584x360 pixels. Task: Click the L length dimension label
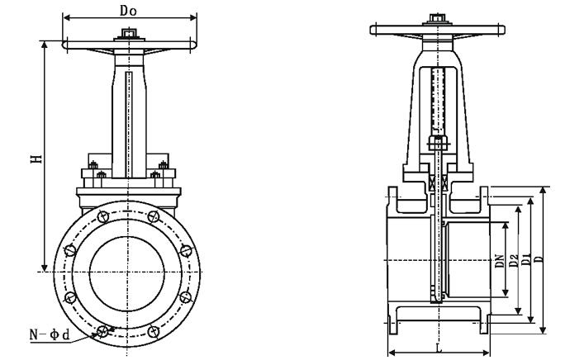pyautogui.click(x=440, y=348)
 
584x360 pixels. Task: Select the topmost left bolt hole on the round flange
pyautogui.click(x=102, y=219)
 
